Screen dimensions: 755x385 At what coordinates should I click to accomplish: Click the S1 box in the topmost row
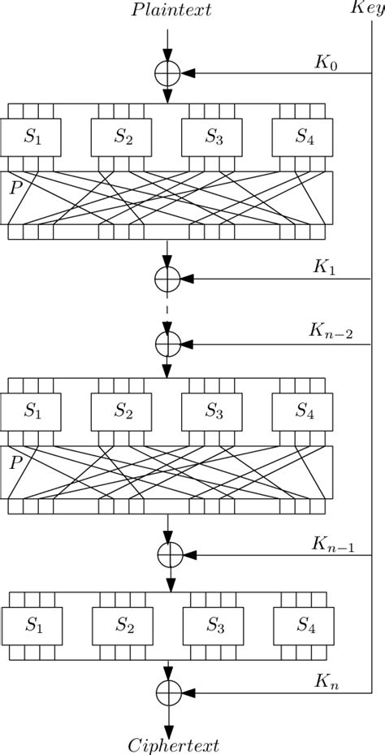[x=33, y=137]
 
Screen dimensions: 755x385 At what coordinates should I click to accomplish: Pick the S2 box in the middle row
[x=123, y=412]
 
